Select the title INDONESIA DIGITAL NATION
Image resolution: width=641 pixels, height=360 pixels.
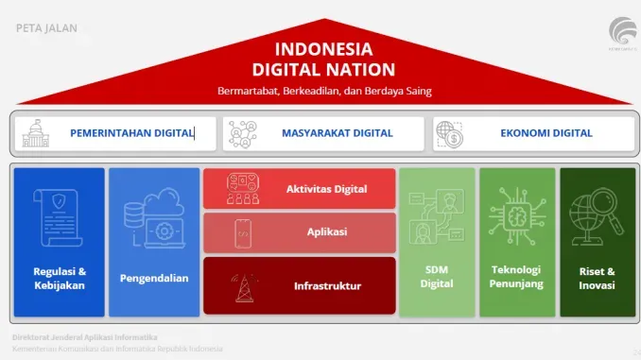point(323,59)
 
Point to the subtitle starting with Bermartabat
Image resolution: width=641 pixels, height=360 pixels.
point(323,91)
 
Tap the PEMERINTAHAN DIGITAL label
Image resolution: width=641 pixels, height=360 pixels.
point(131,133)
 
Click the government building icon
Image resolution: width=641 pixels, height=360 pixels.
point(36,133)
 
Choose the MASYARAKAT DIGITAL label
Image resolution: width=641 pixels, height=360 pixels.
point(337,133)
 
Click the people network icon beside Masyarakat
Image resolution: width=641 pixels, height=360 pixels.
point(242,133)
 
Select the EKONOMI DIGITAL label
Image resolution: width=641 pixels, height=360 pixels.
point(546,133)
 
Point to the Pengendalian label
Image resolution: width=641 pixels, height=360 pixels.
point(153,278)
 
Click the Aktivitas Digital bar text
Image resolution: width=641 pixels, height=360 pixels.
point(326,189)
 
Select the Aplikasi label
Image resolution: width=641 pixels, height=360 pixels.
point(326,231)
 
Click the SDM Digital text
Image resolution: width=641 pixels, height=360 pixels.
point(436,277)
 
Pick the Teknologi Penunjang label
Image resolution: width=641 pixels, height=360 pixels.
point(515,276)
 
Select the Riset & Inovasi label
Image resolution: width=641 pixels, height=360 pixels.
point(597,278)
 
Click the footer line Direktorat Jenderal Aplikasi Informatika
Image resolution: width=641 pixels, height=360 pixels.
point(84,336)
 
